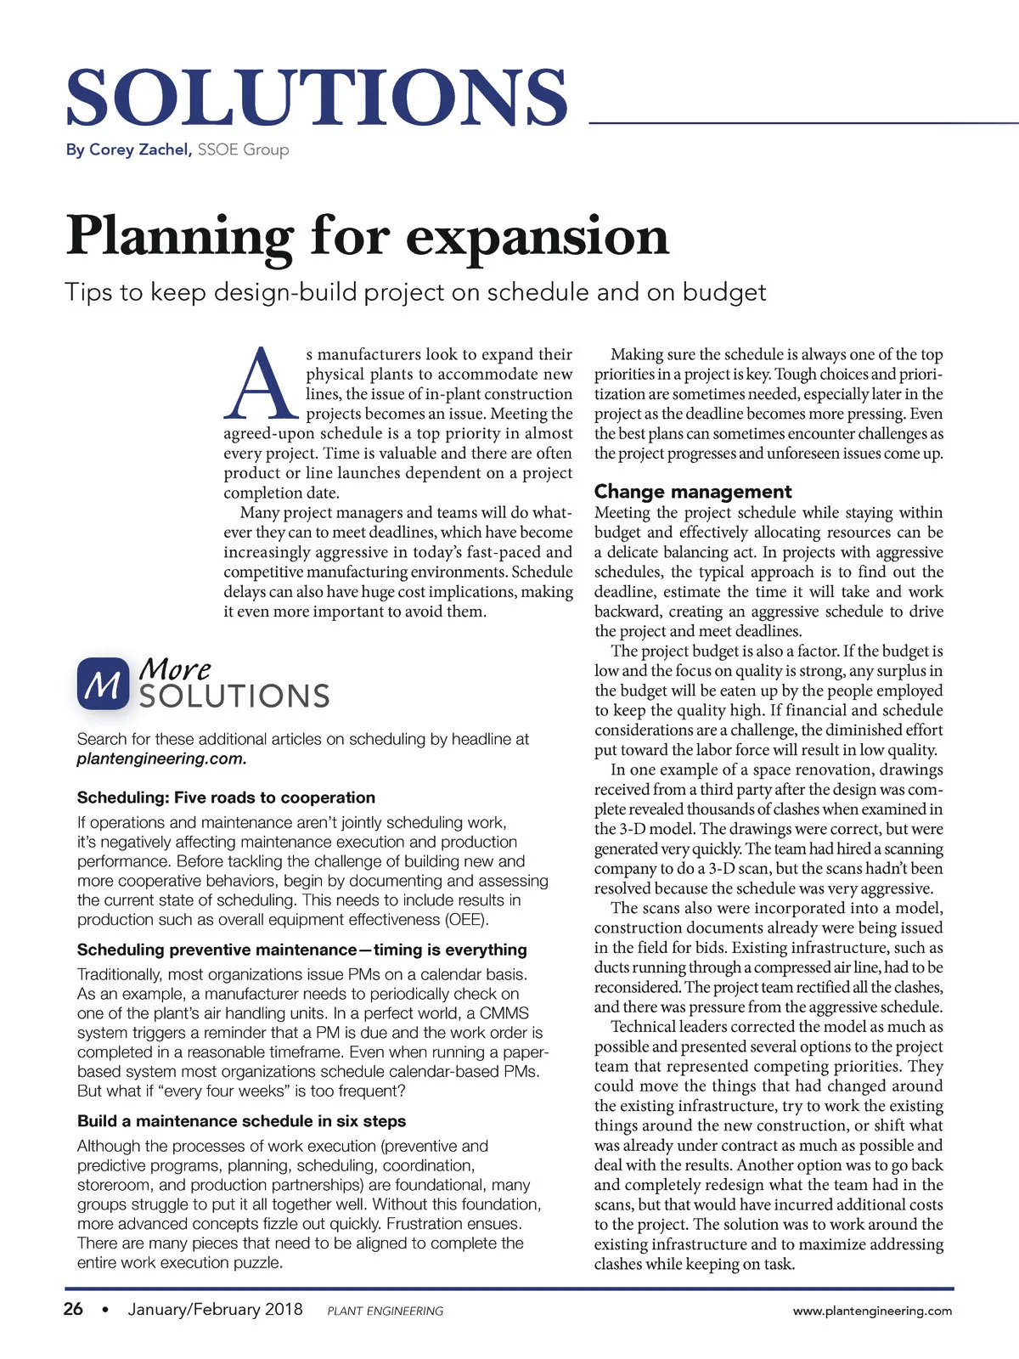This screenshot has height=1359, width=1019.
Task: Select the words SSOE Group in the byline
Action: (244, 149)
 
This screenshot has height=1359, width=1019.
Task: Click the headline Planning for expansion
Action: (368, 235)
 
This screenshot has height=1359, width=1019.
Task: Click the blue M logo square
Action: (103, 683)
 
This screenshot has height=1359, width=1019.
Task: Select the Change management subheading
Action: (693, 492)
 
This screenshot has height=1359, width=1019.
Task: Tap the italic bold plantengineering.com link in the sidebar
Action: (161, 758)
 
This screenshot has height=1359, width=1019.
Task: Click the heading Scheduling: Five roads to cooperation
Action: (226, 798)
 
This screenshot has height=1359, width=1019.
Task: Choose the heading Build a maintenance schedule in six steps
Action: (241, 1121)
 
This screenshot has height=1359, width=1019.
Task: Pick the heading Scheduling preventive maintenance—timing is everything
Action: (301, 950)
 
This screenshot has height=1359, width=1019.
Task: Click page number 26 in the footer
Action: (74, 1309)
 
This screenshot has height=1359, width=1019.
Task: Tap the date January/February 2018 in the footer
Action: (215, 1309)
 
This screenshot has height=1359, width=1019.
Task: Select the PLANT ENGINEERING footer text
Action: (385, 1311)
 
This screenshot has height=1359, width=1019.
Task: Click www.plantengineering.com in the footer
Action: (872, 1311)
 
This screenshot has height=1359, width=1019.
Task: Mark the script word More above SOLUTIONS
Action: (174, 670)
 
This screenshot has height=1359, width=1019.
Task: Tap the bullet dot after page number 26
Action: (105, 1310)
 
